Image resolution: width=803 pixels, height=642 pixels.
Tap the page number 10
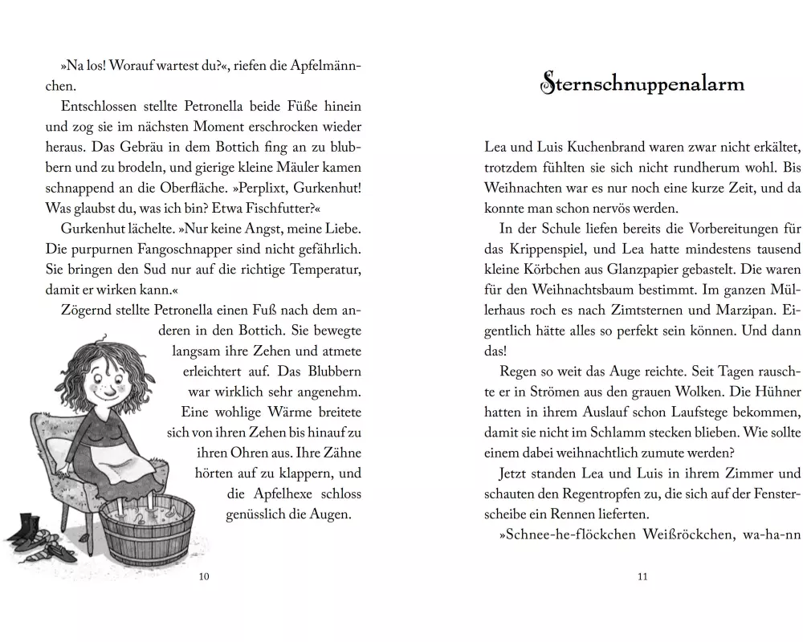click(x=203, y=599)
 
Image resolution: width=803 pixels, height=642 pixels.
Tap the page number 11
click(x=642, y=599)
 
